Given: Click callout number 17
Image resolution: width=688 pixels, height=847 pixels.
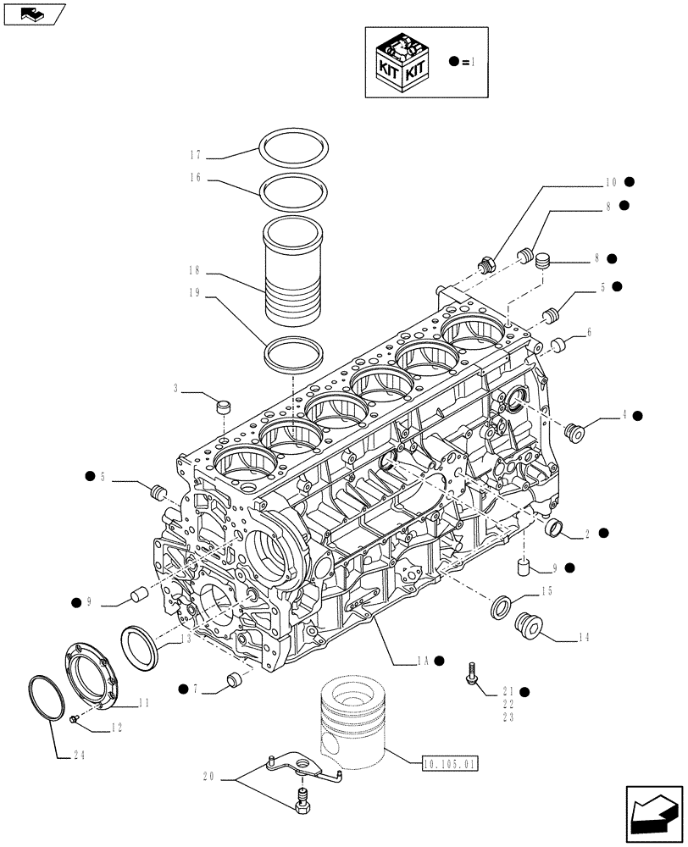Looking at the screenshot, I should [x=195, y=155].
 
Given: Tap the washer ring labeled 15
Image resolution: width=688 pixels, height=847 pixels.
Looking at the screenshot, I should [x=501, y=606].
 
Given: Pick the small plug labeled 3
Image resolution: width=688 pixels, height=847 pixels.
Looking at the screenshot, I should [x=225, y=407].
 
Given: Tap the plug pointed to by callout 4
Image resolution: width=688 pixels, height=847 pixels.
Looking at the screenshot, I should [x=575, y=433].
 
